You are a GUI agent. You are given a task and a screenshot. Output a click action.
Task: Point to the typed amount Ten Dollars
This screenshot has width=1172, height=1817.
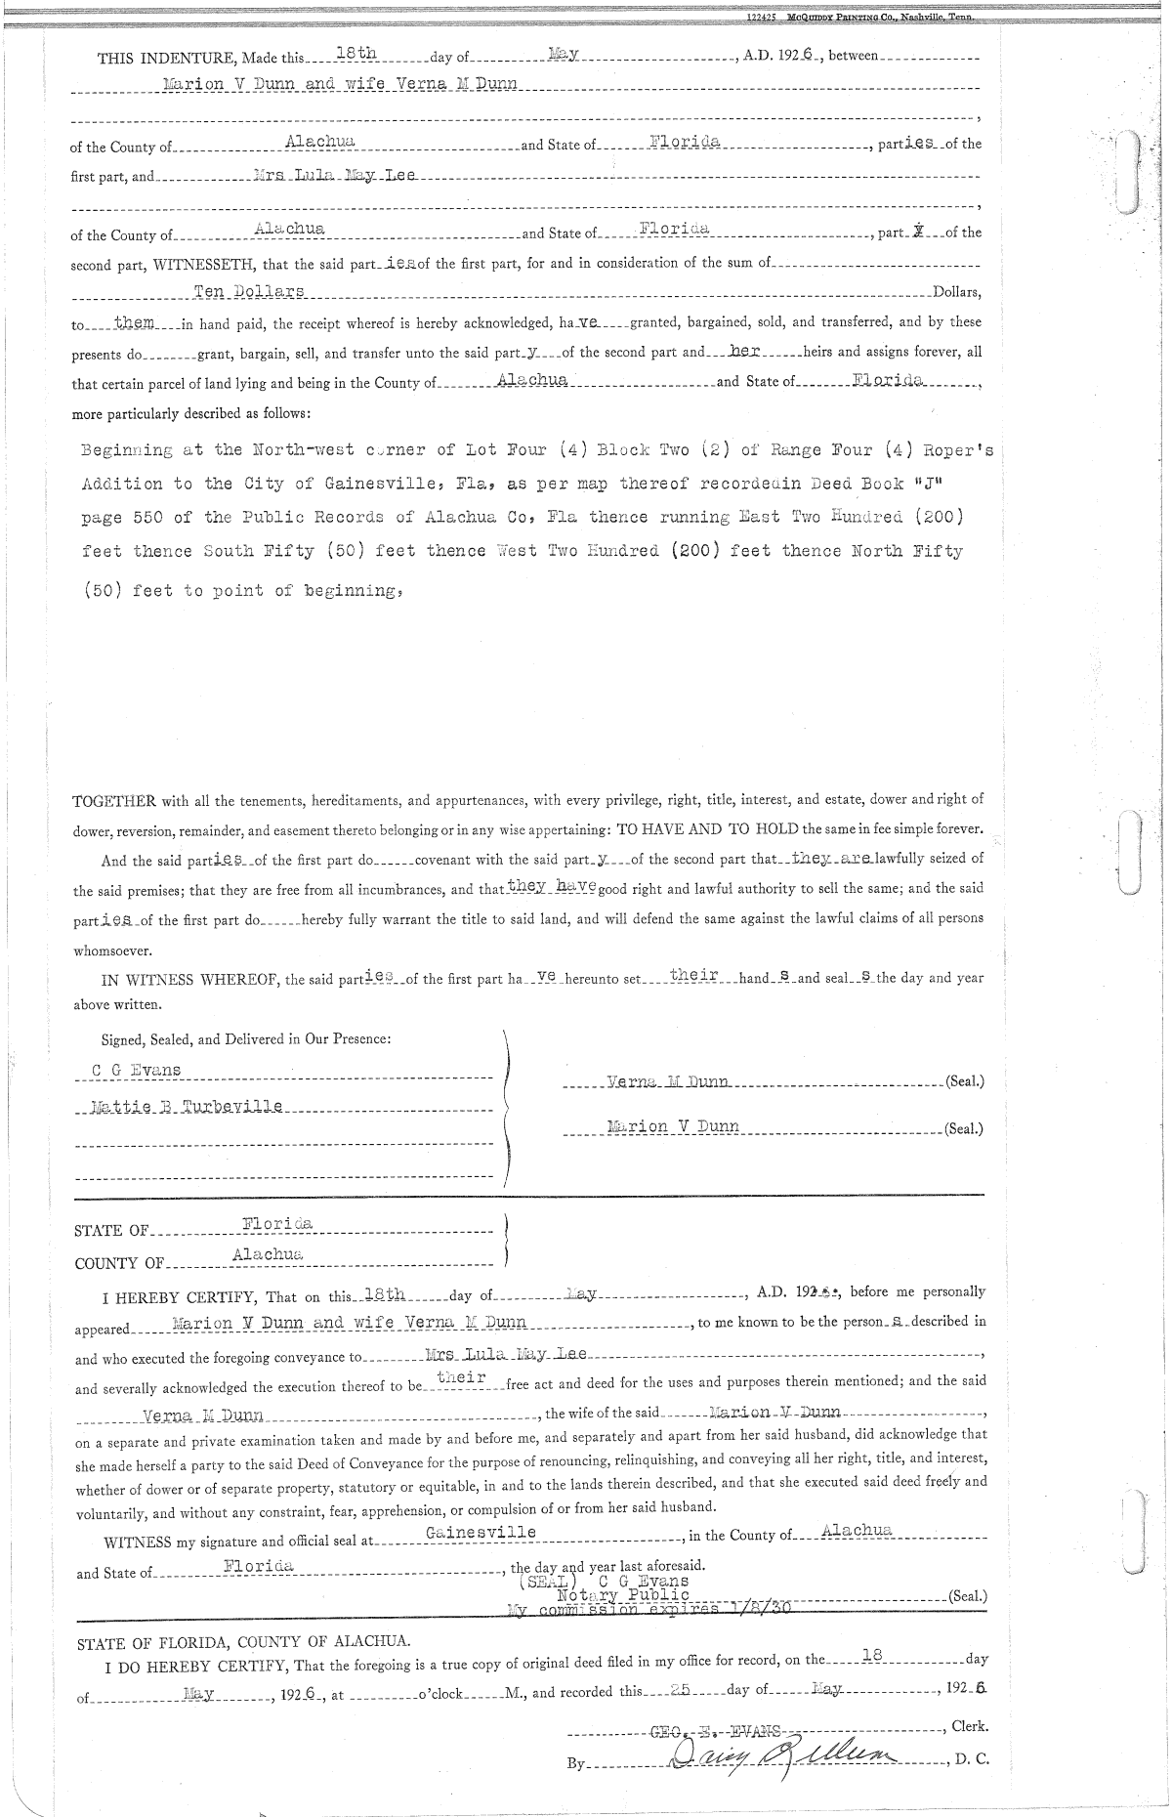[x=250, y=292]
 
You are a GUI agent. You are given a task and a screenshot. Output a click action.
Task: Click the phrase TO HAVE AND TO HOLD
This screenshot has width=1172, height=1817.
[x=707, y=829]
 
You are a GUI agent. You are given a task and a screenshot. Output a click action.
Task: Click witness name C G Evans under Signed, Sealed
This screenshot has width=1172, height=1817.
[x=136, y=1070]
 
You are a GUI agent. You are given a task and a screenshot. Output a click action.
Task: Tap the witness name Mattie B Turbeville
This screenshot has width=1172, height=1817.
[x=186, y=1107]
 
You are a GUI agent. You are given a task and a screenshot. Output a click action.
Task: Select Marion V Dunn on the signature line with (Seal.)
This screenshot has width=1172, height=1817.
[x=673, y=1126]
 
